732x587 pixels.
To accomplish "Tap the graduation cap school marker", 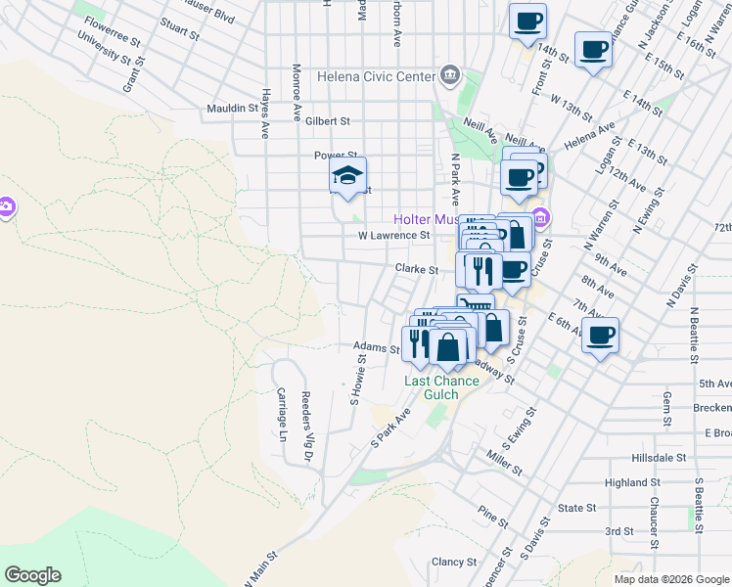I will (x=347, y=176).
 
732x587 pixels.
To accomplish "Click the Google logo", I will (x=32, y=575).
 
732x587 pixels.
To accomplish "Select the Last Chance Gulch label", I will (x=442, y=386).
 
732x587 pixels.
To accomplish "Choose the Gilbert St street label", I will (x=327, y=121).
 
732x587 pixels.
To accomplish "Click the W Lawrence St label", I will (x=393, y=236).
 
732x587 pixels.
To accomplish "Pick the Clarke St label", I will (x=416, y=268).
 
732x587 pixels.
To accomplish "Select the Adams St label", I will (x=376, y=346).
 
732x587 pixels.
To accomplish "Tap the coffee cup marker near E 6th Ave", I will (x=600, y=336).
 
